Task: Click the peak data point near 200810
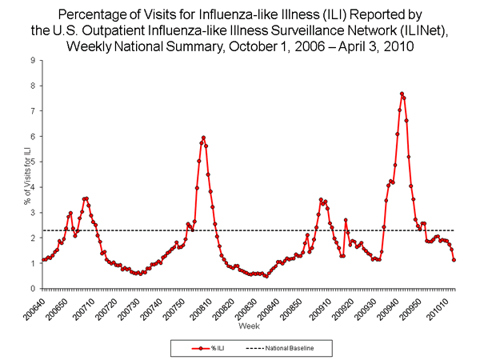click(x=203, y=138)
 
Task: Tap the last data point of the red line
click(x=454, y=260)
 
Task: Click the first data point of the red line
click(x=42, y=260)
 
